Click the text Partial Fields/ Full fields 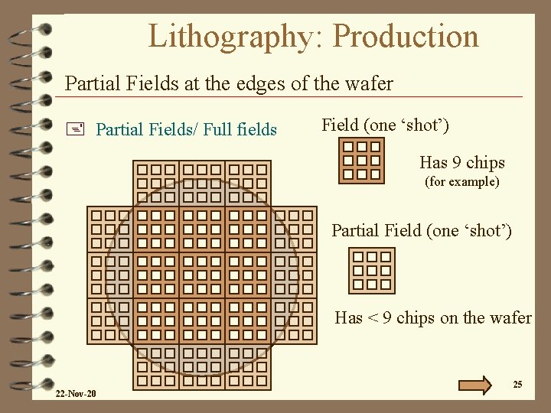(186, 129)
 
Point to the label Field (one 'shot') (385, 124)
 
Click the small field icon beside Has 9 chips (361, 161)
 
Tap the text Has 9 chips (461, 162)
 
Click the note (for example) (462, 182)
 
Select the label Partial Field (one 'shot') (421, 230)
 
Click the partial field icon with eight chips (372, 271)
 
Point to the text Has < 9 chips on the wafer (432, 317)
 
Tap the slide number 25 (517, 385)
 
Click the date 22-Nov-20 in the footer (76, 394)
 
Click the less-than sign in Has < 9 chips (373, 317)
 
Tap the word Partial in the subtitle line (90, 83)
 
